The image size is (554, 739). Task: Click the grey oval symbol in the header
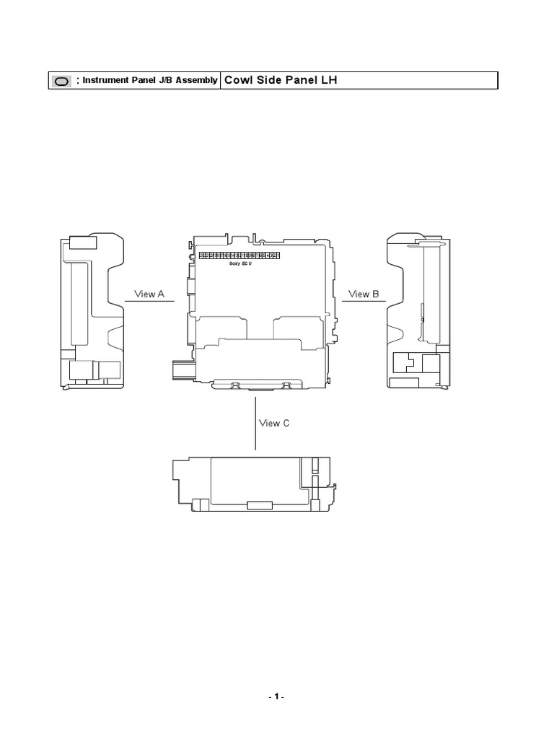pyautogui.click(x=61, y=82)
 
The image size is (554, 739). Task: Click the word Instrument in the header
pyautogui.click(x=105, y=81)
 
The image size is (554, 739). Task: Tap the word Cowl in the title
pyautogui.click(x=238, y=80)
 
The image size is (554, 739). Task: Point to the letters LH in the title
pyautogui.click(x=329, y=80)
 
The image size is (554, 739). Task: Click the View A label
pyautogui.click(x=150, y=294)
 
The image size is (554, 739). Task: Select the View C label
pyautogui.click(x=274, y=423)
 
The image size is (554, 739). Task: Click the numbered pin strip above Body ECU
pyautogui.click(x=239, y=255)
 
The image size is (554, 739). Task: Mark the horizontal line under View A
pyautogui.click(x=150, y=302)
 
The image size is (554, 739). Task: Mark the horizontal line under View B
pyautogui.click(x=364, y=302)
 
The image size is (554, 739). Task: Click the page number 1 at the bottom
pyautogui.click(x=276, y=697)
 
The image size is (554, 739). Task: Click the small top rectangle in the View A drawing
pyautogui.click(x=82, y=243)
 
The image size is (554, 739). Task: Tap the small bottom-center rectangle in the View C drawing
pyautogui.click(x=259, y=504)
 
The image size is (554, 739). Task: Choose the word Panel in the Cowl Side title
pyautogui.click(x=294, y=80)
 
